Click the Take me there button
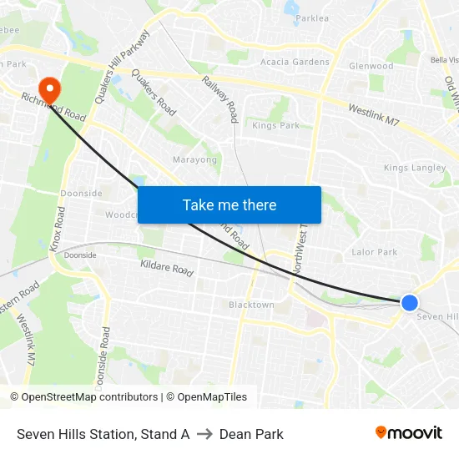click(229, 204)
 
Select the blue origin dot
click(409, 303)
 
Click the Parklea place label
click(311, 18)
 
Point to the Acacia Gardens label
click(295, 62)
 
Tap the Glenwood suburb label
click(371, 66)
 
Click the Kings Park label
click(275, 126)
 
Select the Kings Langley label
click(415, 168)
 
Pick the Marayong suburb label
click(194, 159)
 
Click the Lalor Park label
click(375, 252)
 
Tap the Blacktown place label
click(251, 305)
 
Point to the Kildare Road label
click(167, 269)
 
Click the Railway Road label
click(220, 98)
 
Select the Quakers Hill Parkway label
click(122, 67)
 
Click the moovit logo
click(409, 433)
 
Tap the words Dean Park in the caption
click(251, 434)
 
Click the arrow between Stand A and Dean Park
click(204, 434)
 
